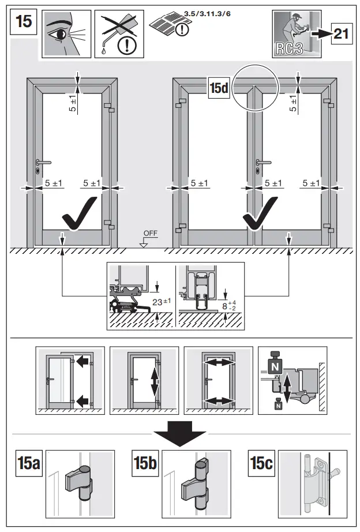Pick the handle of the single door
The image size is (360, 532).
[x=43, y=162]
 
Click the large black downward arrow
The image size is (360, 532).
[x=181, y=437]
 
